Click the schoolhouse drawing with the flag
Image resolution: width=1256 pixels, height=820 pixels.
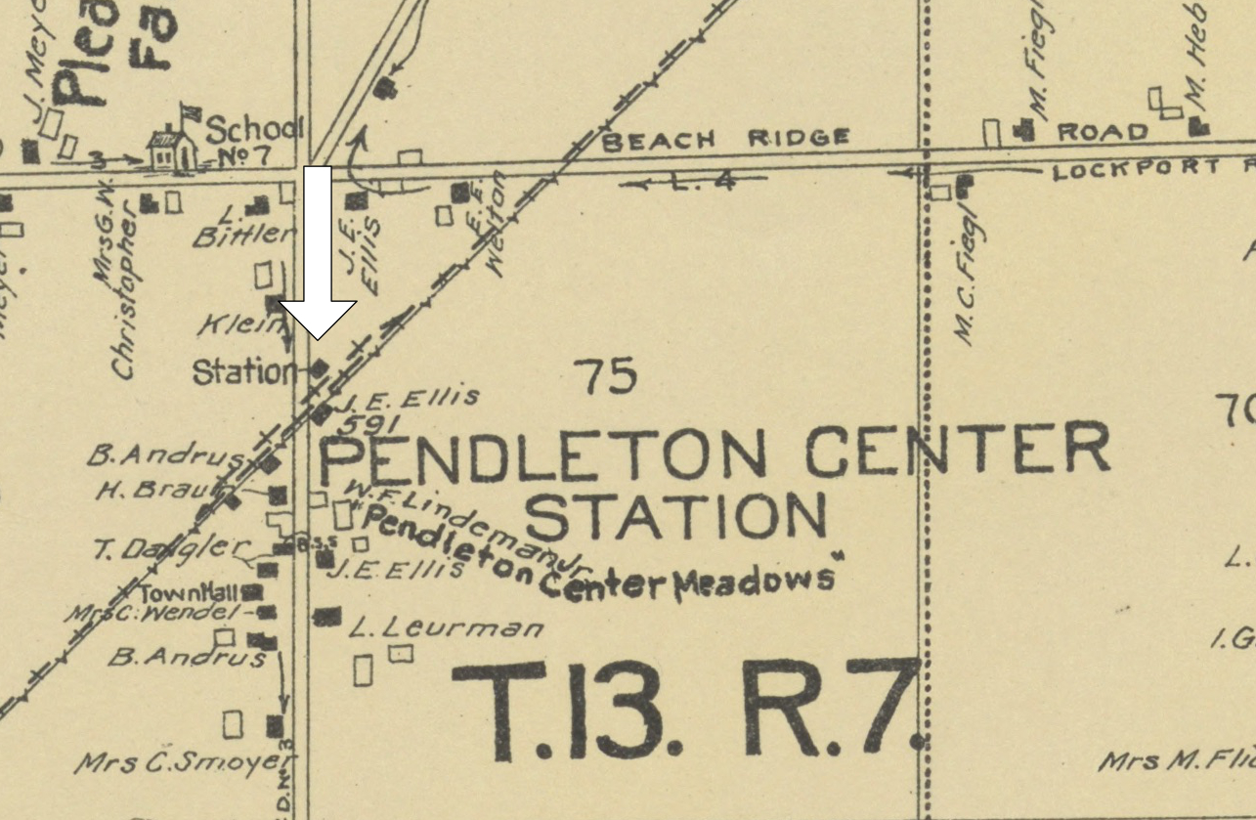(173, 147)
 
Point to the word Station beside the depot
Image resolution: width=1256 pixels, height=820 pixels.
(243, 372)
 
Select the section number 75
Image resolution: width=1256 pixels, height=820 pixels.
(605, 376)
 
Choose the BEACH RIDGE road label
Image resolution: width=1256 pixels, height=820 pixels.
(725, 139)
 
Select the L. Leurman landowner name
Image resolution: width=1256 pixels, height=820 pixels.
(445, 626)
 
